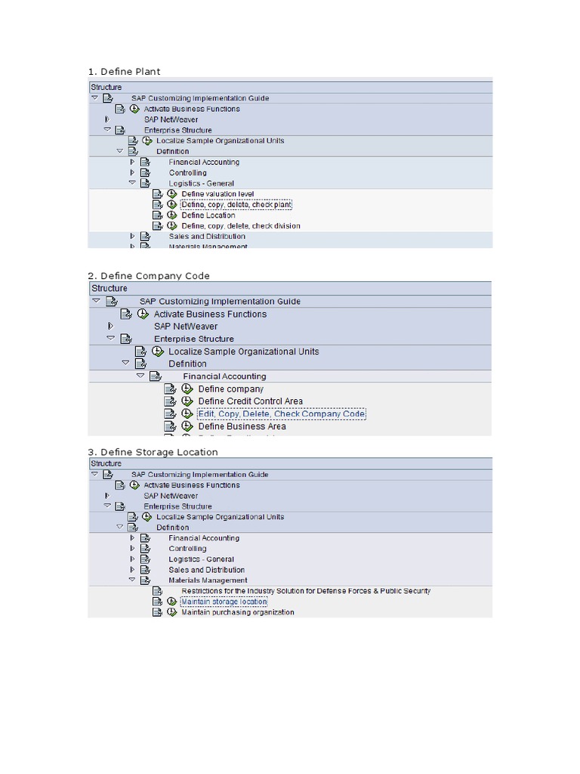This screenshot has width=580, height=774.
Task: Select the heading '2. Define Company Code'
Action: coord(149,276)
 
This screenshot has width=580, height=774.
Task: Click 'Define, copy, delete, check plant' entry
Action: coord(236,205)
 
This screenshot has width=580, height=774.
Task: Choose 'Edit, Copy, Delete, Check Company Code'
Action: coord(281,414)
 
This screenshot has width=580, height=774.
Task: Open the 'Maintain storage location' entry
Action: coord(224,602)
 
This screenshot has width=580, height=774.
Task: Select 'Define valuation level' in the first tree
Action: coord(217,194)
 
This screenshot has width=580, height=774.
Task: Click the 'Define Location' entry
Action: coord(208,215)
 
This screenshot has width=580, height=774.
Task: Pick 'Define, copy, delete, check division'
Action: coord(241,226)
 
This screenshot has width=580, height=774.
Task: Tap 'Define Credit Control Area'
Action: coord(250,401)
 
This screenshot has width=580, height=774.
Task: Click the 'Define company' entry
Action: coord(230,389)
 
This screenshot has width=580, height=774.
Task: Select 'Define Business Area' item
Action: coord(242,426)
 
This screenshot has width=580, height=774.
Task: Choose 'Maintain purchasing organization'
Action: coord(238,612)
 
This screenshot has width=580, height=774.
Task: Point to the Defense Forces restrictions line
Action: coord(306,591)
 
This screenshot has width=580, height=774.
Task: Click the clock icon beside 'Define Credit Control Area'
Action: coord(187,401)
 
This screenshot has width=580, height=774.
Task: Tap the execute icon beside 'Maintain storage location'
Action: coord(171,602)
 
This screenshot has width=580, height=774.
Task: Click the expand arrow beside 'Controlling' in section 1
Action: coord(132,172)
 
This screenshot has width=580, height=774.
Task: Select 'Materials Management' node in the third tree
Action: coord(208,580)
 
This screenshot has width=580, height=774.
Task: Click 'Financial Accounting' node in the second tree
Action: coord(224,376)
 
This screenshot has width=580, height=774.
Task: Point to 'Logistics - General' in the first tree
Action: coord(201,183)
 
